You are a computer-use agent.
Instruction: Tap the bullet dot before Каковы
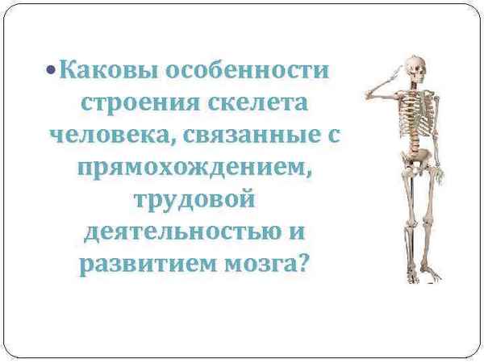(52, 71)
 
